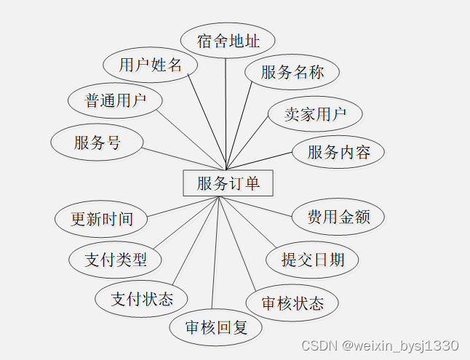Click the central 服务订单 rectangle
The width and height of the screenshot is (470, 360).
(x=228, y=183)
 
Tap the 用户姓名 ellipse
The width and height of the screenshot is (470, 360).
(x=150, y=65)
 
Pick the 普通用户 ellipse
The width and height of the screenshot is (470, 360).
(x=115, y=100)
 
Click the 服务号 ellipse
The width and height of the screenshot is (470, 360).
(x=97, y=143)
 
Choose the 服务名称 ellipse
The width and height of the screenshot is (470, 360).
(x=292, y=72)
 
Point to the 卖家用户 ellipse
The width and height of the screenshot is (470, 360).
(x=314, y=113)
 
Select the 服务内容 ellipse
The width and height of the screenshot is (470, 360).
(x=338, y=152)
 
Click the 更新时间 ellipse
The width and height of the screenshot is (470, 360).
(x=102, y=219)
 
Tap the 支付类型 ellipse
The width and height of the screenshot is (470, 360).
(x=115, y=259)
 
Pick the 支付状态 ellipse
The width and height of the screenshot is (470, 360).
(x=142, y=298)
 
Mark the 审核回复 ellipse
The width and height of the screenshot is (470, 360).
(x=216, y=327)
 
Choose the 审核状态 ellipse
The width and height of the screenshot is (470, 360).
(x=292, y=303)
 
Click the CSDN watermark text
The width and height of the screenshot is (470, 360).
(x=379, y=345)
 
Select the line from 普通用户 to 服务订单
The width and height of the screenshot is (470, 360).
(x=189, y=137)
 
